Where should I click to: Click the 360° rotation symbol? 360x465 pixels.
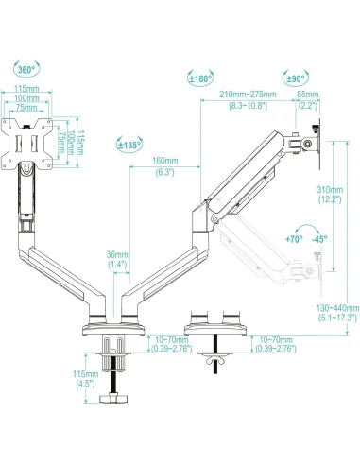point(26,70)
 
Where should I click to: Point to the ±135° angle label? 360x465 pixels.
point(130,145)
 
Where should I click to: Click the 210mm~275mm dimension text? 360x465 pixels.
point(246,95)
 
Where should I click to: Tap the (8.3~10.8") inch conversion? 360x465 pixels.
point(246,105)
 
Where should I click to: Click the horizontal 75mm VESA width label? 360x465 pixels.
point(26,108)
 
